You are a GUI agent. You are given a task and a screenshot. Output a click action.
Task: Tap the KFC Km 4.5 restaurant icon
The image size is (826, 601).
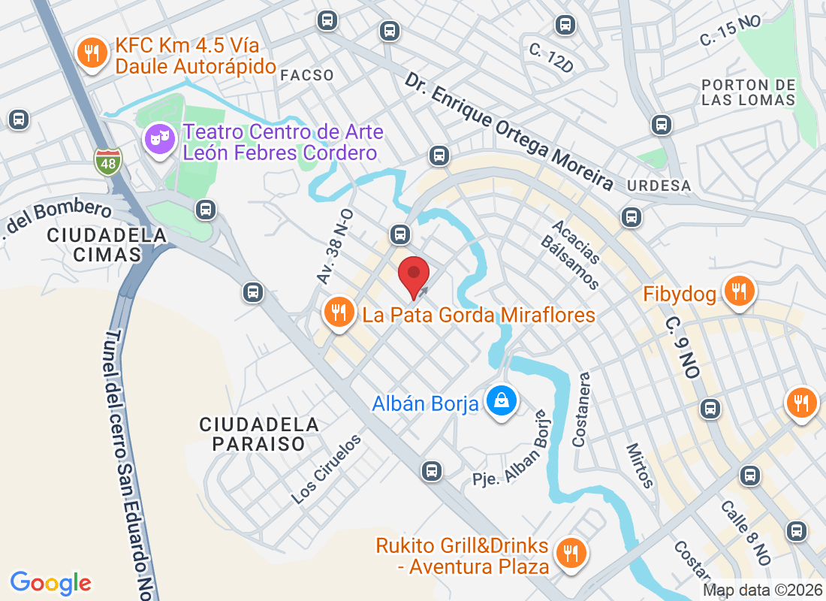[x=92, y=54]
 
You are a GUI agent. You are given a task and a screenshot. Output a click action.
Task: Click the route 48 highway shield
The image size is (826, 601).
[x=107, y=161]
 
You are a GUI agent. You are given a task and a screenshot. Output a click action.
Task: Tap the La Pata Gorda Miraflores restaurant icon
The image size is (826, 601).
[x=339, y=313]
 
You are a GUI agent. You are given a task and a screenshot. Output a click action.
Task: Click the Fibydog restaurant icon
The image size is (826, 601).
[x=739, y=291]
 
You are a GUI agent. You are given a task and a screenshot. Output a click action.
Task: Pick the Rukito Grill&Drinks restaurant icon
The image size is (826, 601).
[x=571, y=554]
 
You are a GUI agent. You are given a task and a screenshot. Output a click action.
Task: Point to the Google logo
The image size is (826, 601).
[x=51, y=582]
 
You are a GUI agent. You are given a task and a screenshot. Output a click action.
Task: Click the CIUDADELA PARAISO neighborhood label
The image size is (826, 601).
[x=259, y=434]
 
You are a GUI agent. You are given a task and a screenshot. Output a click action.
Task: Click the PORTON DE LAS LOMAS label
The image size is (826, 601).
[x=748, y=92]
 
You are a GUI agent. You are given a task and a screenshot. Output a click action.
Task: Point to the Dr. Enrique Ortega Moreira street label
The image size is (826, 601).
[x=509, y=131]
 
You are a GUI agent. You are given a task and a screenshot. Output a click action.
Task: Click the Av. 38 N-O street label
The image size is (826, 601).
[x=335, y=246]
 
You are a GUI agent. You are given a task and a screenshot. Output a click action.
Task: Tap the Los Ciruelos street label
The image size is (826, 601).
[x=327, y=470]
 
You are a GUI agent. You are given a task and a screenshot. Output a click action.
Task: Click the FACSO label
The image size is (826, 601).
[x=306, y=75]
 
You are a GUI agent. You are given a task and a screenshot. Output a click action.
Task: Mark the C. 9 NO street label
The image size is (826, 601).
[x=683, y=346]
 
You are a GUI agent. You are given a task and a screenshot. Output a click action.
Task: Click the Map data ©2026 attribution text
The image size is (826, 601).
[x=762, y=591]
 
